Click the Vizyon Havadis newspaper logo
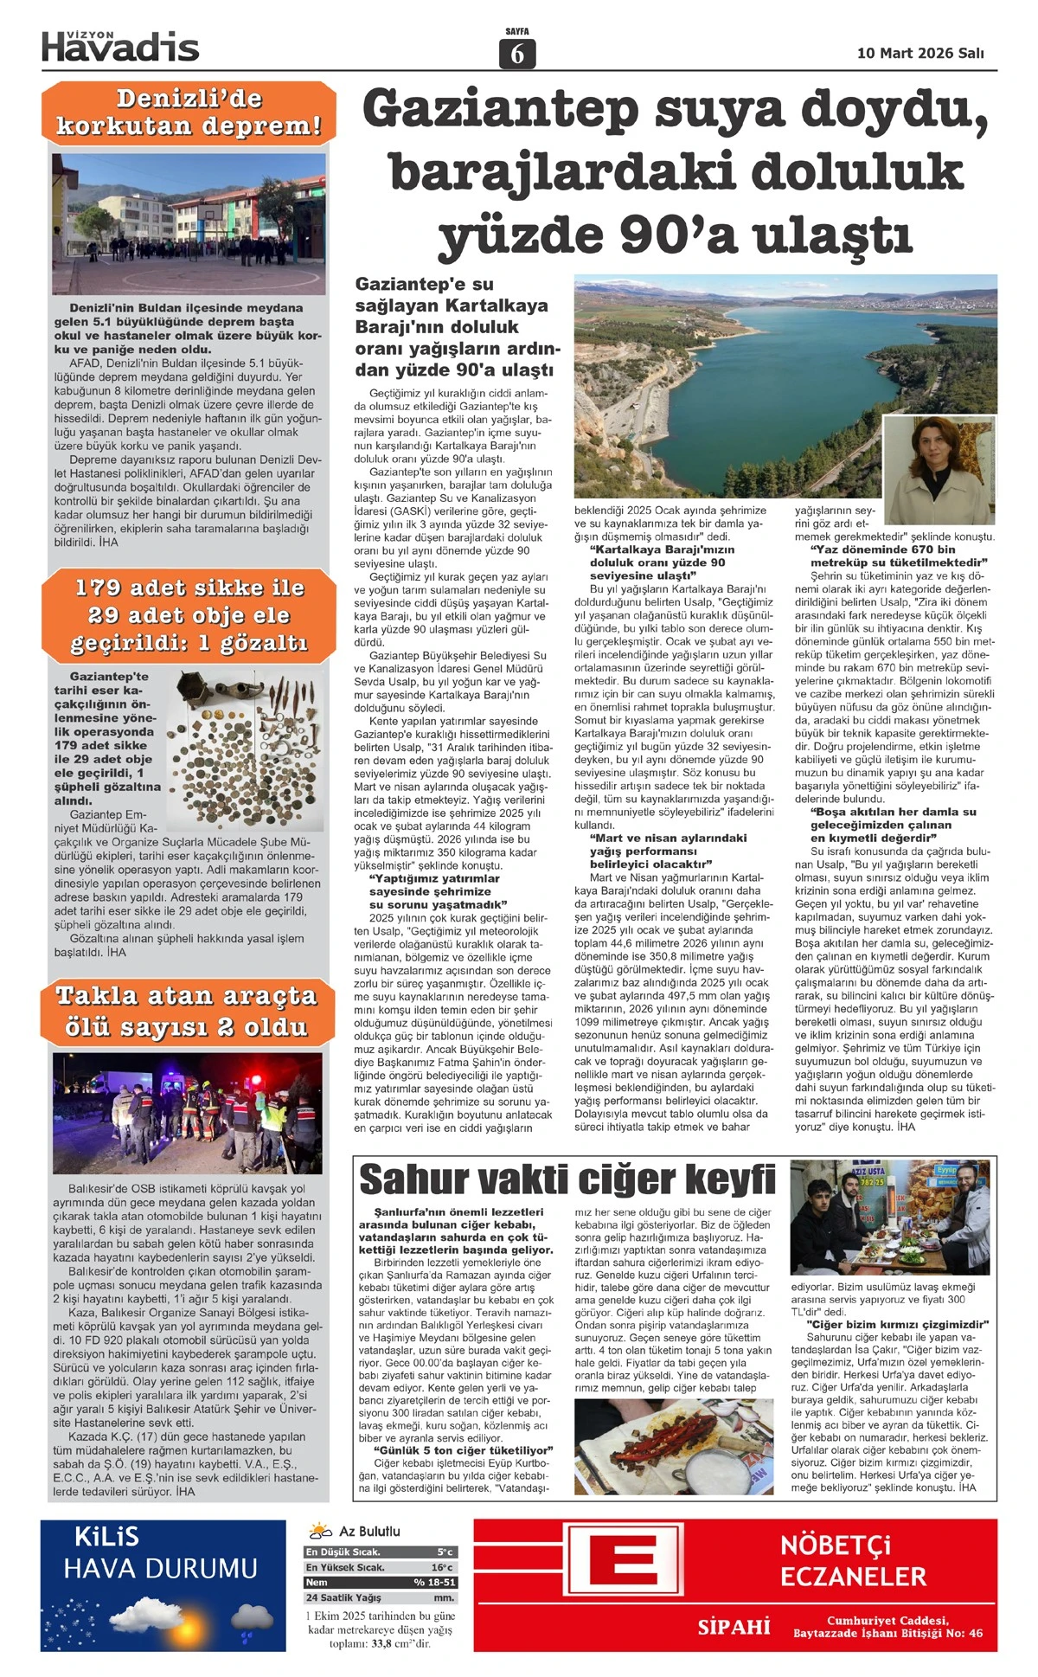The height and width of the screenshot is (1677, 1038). (x=120, y=47)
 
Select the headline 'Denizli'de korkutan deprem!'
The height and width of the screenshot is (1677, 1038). (x=189, y=112)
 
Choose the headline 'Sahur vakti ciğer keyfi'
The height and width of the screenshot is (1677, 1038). (x=567, y=1180)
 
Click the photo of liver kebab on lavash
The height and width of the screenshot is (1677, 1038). (x=674, y=1447)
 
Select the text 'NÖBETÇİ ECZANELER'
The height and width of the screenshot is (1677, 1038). (x=853, y=1561)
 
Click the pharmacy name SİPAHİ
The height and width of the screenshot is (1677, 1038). (x=734, y=1627)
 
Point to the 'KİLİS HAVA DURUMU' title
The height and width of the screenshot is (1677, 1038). (x=160, y=1554)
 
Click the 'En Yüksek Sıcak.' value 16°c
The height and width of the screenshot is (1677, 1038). (x=442, y=1567)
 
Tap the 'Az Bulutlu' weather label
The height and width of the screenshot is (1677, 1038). (x=369, y=1532)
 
